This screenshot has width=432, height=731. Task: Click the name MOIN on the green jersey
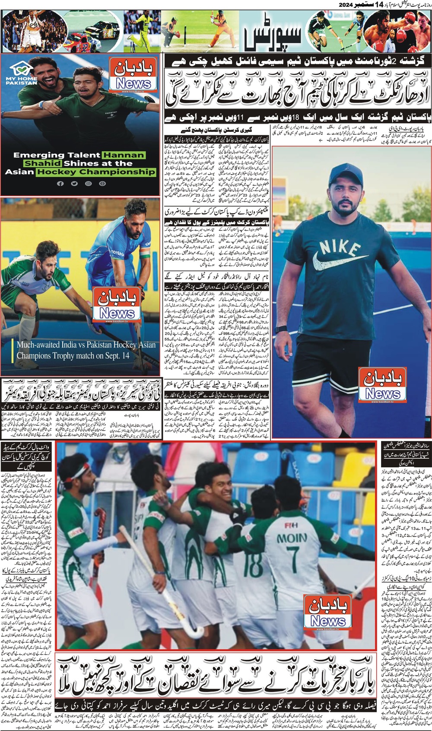[x=292, y=539]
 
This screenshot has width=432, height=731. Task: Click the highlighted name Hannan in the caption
[x=124, y=155]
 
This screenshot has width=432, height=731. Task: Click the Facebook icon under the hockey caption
[x=60, y=184]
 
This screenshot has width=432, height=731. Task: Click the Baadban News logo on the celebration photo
[x=327, y=612]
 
